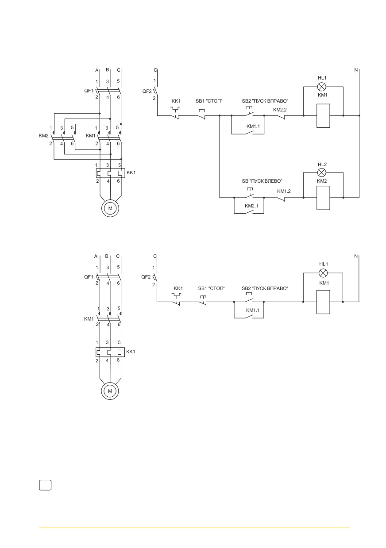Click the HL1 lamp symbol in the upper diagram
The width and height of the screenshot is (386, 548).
pyautogui.click(x=321, y=87)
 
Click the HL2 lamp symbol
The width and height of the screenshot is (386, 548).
pyautogui.click(x=321, y=173)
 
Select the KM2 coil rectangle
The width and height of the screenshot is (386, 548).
pyautogui.click(x=323, y=198)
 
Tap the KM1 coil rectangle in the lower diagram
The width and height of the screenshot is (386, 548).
pyautogui.click(x=323, y=302)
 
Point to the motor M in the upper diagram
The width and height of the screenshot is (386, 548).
pyautogui.click(x=110, y=208)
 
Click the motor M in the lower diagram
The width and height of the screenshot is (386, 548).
pyautogui.click(x=110, y=391)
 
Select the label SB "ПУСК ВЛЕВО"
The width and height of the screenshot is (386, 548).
pyautogui.click(x=262, y=181)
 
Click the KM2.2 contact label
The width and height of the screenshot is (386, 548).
pyautogui.click(x=280, y=110)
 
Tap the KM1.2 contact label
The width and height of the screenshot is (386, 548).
pyautogui.click(x=284, y=191)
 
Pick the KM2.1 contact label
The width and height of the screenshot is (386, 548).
pyautogui.click(x=251, y=206)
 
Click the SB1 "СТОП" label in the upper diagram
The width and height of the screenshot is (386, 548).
pyautogui.click(x=209, y=101)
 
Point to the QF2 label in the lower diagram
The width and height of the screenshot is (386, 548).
pyautogui.click(x=146, y=277)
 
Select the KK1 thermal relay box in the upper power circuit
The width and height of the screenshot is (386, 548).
pyautogui.click(x=110, y=173)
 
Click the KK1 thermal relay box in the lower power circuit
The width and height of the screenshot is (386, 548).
pyautogui.click(x=110, y=352)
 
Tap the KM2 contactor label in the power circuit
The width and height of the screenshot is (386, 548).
pyautogui.click(x=43, y=135)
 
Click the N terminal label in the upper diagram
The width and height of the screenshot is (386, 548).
pyautogui.click(x=356, y=70)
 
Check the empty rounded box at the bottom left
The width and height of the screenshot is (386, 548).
pyautogui.click(x=45, y=485)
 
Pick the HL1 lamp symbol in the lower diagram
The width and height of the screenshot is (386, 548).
pyautogui.click(x=323, y=273)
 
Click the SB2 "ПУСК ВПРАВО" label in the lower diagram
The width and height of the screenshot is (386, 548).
pyautogui.click(x=265, y=288)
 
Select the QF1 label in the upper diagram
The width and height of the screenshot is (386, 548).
pyautogui.click(x=89, y=91)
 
